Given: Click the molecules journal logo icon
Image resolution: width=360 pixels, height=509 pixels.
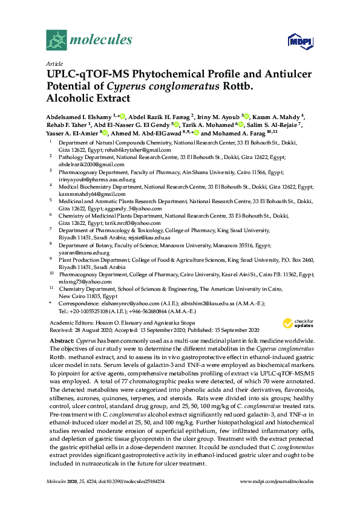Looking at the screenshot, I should [x=57, y=41].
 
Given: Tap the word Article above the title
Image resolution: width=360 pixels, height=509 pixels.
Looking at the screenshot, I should [x=54, y=63].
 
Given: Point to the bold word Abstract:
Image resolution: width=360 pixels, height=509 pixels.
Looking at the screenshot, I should [x=60, y=341].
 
